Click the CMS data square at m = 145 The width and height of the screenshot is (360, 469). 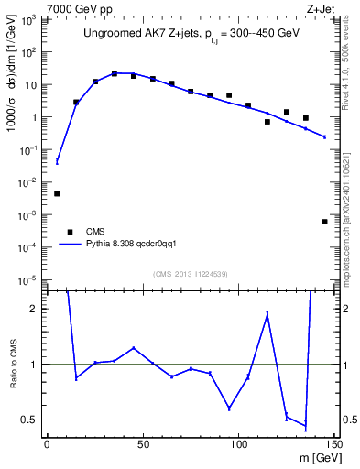324,222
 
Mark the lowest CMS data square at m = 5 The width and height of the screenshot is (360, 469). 57,193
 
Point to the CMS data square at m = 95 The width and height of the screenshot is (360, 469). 229,95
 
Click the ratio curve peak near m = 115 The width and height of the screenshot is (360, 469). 267,313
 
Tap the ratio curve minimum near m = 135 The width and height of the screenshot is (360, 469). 305,427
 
